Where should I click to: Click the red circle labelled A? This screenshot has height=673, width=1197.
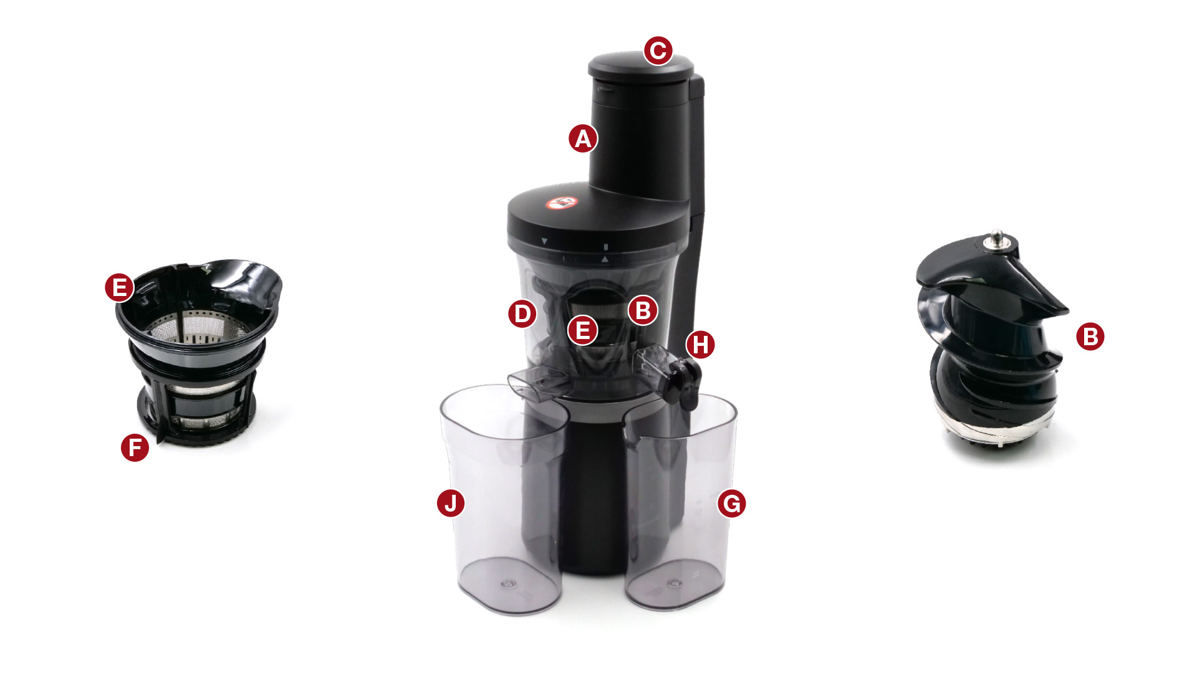(x=583, y=138)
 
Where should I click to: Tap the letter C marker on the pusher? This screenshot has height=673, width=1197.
(x=658, y=50)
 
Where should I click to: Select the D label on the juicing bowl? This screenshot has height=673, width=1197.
(x=522, y=313)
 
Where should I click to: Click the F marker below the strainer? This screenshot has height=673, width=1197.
(x=135, y=447)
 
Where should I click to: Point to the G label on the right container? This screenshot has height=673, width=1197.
(x=732, y=503)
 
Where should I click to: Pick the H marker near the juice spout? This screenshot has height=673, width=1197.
(x=701, y=344)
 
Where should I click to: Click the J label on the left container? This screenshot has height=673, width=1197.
(x=451, y=502)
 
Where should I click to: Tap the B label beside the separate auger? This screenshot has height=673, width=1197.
(x=1090, y=336)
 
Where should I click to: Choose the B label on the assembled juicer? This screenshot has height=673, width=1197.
(x=643, y=310)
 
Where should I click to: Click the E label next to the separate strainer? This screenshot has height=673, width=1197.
(x=119, y=287)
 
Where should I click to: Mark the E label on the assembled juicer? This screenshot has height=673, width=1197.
(x=583, y=330)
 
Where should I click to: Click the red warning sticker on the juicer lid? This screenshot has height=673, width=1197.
(x=562, y=203)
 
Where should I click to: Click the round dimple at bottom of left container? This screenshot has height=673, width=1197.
(x=506, y=585)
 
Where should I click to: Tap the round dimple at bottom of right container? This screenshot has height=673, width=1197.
(x=673, y=584)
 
